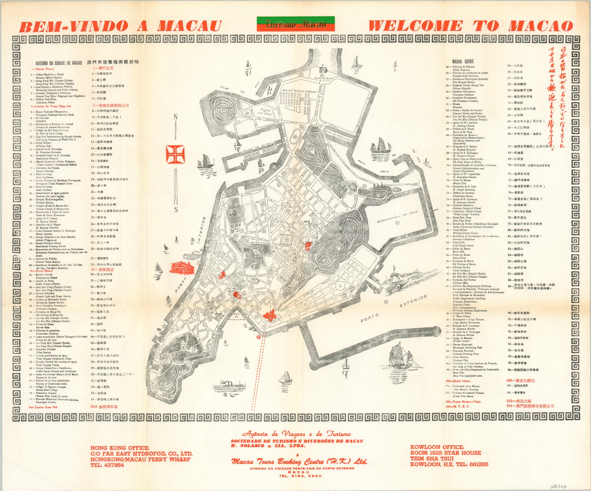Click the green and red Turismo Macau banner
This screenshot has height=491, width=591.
click(295, 24)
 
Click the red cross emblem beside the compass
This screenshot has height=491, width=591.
click(175, 154)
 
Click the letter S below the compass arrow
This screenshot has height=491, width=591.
click(176, 210)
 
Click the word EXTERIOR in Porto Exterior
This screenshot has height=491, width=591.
click(413, 301)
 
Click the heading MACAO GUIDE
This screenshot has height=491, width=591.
click(463, 61)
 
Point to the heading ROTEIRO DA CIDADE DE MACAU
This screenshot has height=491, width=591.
click(59, 63)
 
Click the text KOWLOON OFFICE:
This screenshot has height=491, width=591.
click(437, 447)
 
